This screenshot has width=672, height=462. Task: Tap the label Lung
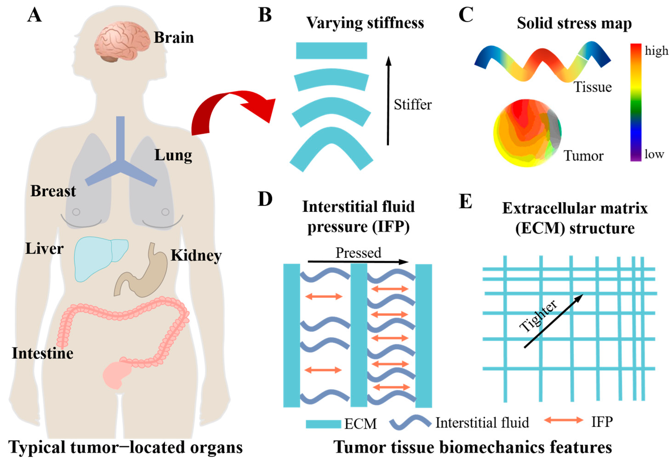coord(173,156)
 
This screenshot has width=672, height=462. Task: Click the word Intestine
coord(43,353)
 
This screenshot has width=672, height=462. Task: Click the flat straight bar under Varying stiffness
coord(331,51)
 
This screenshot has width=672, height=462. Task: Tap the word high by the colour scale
coord(656,51)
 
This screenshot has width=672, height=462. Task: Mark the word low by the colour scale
coord(654,154)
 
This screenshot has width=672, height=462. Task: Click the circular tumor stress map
coord(527,133)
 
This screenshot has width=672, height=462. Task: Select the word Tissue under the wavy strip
coord(593,87)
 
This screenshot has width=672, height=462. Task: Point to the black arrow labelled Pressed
coord(358,262)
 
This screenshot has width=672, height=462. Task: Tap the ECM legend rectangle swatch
coord(323,424)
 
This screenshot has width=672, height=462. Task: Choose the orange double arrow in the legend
coord(564,420)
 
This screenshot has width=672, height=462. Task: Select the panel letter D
coord(265,199)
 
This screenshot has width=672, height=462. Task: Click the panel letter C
coord(466,15)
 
